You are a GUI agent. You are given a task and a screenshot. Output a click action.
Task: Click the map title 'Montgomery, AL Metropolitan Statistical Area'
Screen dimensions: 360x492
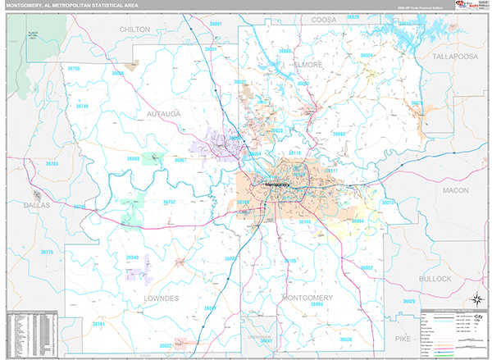[71, 7]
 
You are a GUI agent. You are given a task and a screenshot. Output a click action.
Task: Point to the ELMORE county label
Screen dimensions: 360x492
[310, 63]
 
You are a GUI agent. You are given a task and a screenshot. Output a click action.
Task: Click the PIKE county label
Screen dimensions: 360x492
[403, 337]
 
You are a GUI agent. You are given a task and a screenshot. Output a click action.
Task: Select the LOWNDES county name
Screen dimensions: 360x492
[161, 299]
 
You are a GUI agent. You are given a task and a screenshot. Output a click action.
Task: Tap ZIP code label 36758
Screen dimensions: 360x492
[74, 69]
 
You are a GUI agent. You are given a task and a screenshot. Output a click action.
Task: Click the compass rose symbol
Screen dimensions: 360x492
[475, 299]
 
